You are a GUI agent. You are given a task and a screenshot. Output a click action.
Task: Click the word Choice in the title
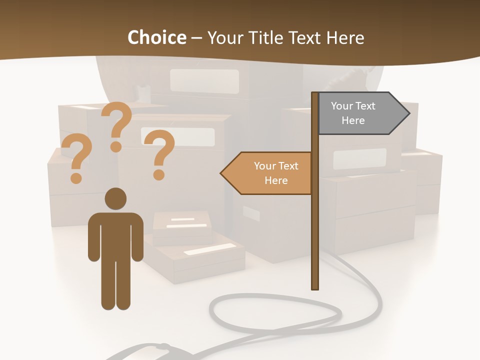point(156,37)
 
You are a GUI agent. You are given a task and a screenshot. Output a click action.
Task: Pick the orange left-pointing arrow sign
point(270,173)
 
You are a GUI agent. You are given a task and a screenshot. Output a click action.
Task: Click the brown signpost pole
point(315,225)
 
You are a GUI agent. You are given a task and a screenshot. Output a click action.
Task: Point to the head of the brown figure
point(115,199)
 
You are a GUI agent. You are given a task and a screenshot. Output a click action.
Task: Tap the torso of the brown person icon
point(115,235)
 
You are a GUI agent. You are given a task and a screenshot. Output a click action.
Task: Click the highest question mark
point(117,125)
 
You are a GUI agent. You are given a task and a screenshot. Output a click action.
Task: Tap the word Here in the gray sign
point(353,120)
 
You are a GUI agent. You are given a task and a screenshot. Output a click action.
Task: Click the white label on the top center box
point(204,80)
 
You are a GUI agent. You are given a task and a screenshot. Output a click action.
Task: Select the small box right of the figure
point(182,227)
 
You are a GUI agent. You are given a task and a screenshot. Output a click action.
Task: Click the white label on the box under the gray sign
point(359,158)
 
